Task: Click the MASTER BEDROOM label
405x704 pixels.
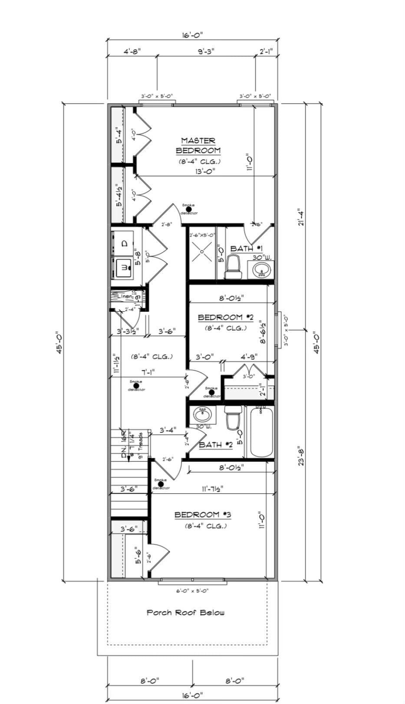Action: (198, 146)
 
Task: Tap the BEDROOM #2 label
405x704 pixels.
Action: (225, 317)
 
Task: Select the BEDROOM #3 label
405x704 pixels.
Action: (203, 515)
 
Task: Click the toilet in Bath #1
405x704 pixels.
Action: (233, 267)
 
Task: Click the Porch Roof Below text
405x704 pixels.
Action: (185, 613)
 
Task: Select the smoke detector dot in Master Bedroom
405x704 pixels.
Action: (188, 209)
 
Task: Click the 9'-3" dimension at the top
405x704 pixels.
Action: (206, 51)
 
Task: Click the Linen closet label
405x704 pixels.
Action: (125, 297)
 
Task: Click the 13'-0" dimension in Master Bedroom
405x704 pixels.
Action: (206, 171)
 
